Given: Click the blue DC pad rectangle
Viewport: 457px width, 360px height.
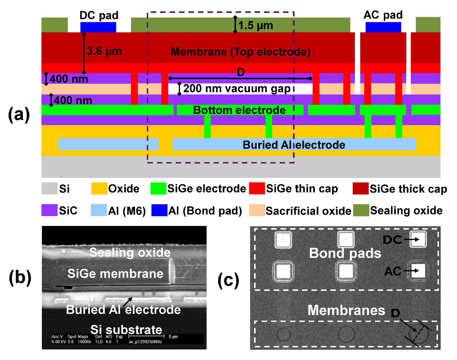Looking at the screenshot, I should [98, 27].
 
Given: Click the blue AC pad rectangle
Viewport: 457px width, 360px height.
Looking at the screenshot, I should [383, 27].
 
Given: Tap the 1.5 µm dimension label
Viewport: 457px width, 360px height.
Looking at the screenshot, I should [255, 25].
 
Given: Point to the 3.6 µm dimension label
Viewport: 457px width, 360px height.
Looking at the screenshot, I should [104, 51].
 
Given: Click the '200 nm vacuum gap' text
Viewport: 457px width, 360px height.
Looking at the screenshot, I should [237, 89].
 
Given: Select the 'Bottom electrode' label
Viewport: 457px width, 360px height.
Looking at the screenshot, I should [239, 110].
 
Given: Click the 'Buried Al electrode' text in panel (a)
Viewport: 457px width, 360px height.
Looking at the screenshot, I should [294, 145].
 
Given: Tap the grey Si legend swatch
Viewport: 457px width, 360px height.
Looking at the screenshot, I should [49, 188].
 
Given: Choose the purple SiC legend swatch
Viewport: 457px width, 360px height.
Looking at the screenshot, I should [49, 210].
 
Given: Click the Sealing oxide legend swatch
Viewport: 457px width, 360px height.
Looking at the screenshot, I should [361, 210].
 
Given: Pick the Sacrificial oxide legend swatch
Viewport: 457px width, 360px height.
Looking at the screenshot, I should [257, 210].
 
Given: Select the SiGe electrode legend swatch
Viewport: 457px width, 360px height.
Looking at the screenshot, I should [158, 188].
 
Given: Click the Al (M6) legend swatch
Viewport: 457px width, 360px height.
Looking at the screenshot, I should [99, 210].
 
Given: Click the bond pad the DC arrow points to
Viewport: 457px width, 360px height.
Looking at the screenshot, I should [418, 239].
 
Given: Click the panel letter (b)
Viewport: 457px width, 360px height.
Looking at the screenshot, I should [20, 278].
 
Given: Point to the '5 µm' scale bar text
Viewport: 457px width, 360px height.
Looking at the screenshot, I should [173, 336].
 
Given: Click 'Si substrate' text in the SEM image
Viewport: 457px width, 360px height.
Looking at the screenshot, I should [126, 330].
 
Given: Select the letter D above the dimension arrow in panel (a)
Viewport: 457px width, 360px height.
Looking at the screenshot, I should [241, 72].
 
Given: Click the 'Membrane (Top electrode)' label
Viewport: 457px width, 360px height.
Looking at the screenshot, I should [240, 52].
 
